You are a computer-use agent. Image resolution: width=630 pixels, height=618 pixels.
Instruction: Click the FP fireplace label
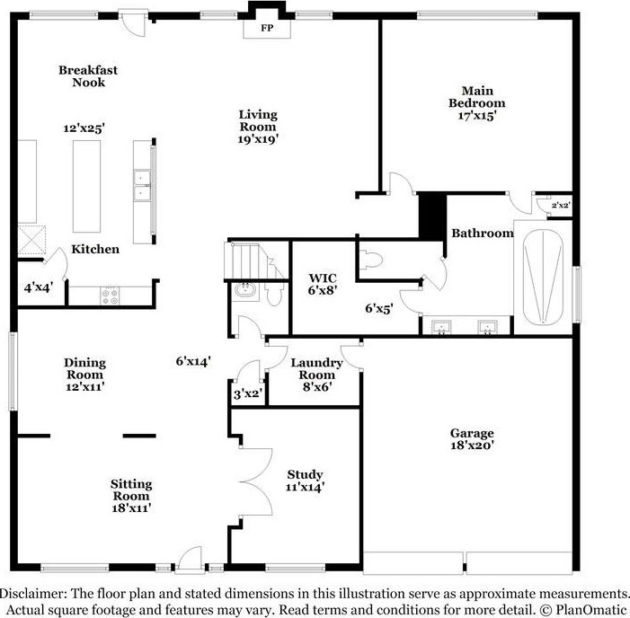click(266, 29)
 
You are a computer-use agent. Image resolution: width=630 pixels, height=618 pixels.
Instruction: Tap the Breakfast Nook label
click(89, 76)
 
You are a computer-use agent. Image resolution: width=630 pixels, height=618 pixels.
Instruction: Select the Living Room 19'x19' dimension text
click(258, 139)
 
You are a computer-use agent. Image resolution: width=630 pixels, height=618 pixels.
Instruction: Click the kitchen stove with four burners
click(110, 293)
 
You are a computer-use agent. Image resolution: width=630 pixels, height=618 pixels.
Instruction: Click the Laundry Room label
click(316, 368)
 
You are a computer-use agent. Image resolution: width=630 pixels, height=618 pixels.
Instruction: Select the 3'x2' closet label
click(246, 393)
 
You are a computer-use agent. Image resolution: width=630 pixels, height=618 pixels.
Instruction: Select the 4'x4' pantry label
click(38, 288)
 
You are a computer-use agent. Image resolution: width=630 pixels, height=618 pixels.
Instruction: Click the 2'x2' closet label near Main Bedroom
click(560, 205)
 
